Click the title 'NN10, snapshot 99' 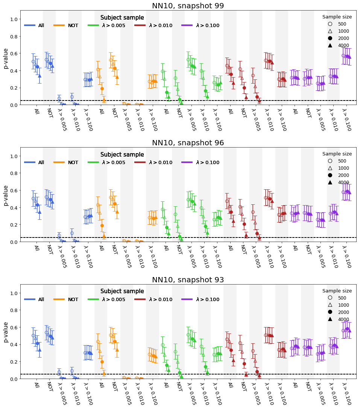[x=188, y=6]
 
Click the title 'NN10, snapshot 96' [x=188, y=143]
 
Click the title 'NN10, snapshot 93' [x=188, y=280]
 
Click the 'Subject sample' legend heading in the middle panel [x=122, y=155]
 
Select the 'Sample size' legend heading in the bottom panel [x=337, y=291]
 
